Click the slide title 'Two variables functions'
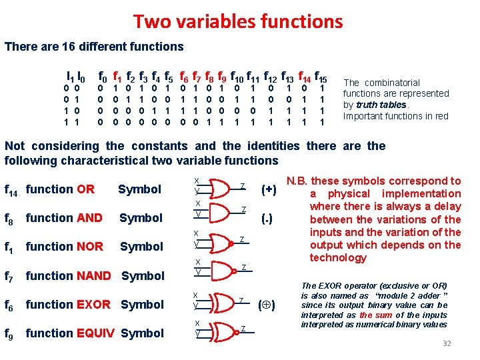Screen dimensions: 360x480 [238, 21]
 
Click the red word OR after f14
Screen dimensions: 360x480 [85, 189]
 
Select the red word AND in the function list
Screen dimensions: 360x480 [89, 218]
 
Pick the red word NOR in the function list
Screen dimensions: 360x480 [89, 247]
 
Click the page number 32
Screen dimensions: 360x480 [447, 343]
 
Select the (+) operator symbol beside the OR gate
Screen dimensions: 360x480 [269, 189]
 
